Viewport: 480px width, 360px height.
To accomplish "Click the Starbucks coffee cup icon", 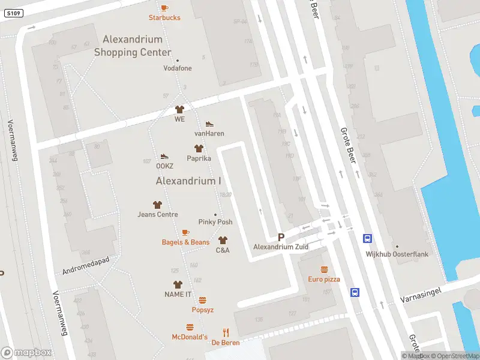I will (x=164, y=7).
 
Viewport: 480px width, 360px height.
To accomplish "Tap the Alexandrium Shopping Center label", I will (x=133, y=46).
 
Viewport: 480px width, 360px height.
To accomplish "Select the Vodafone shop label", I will (x=178, y=68).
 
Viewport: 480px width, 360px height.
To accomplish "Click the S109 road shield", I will (x=14, y=13).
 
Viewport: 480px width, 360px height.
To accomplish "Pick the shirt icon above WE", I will (x=179, y=109).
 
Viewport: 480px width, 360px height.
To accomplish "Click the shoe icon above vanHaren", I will (x=209, y=124).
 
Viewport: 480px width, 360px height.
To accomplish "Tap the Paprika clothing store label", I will (x=199, y=158).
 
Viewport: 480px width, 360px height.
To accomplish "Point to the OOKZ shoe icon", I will (x=164, y=156).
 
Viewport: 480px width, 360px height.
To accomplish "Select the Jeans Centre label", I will (x=158, y=214).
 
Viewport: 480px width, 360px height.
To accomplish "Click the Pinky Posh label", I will (x=215, y=222).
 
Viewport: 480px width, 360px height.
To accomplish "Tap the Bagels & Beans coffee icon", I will (x=185, y=232).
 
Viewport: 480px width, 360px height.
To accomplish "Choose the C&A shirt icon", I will (x=223, y=240).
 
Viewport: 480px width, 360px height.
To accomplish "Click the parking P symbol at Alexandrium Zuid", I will (x=280, y=238).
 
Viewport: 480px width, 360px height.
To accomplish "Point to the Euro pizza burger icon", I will (x=324, y=269).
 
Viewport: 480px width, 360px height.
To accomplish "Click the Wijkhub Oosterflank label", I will (x=397, y=254).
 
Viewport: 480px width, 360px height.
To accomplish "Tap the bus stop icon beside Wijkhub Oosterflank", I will (x=367, y=238).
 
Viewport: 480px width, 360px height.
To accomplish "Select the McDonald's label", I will (x=190, y=337).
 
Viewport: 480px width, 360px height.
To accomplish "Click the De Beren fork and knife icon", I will (x=226, y=332).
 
